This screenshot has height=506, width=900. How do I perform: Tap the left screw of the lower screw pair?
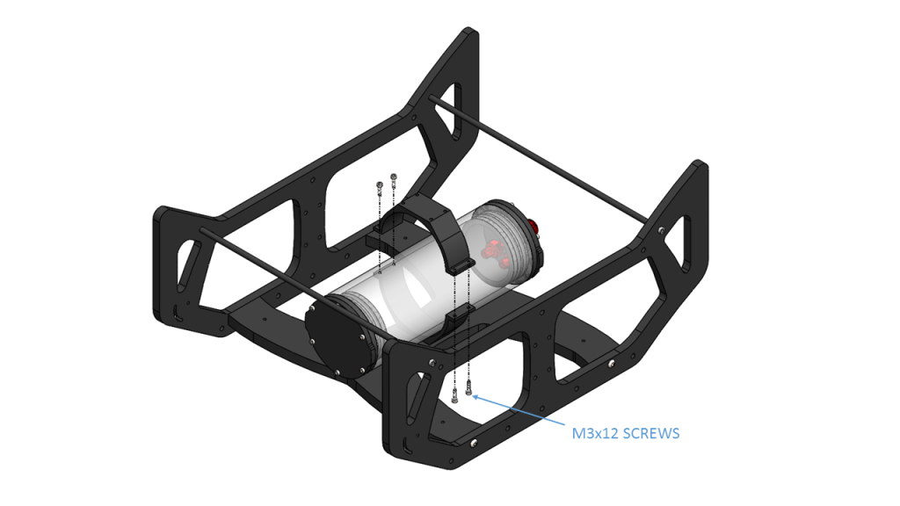coord(454,395)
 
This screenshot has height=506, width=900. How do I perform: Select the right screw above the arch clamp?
coord(393,180)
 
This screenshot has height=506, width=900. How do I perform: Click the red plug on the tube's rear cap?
coord(533,226)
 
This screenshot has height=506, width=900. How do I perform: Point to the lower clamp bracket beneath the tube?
coord(457,318)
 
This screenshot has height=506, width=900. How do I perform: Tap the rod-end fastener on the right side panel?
coord(660,229)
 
